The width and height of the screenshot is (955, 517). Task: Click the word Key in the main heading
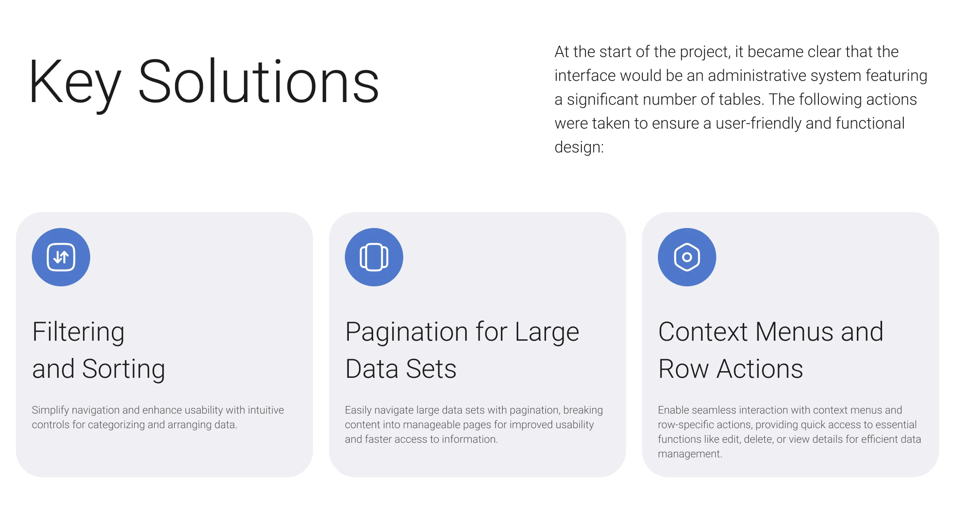[x=75, y=83]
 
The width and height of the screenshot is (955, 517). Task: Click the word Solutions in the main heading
[x=259, y=81]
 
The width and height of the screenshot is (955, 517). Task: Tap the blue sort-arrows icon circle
[x=61, y=257]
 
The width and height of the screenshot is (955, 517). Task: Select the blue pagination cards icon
[x=374, y=257]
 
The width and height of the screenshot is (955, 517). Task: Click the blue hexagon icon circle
[x=687, y=257]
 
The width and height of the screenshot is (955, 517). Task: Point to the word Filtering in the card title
[x=78, y=333]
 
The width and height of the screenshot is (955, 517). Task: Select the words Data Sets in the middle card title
[x=401, y=369]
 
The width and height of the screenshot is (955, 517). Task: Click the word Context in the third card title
[x=703, y=332]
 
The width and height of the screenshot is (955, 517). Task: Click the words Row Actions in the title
[x=730, y=369]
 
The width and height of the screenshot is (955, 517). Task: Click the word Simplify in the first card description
[x=50, y=411]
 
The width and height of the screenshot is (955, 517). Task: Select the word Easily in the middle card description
[x=359, y=411]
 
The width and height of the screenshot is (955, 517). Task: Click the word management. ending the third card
[x=690, y=454]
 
